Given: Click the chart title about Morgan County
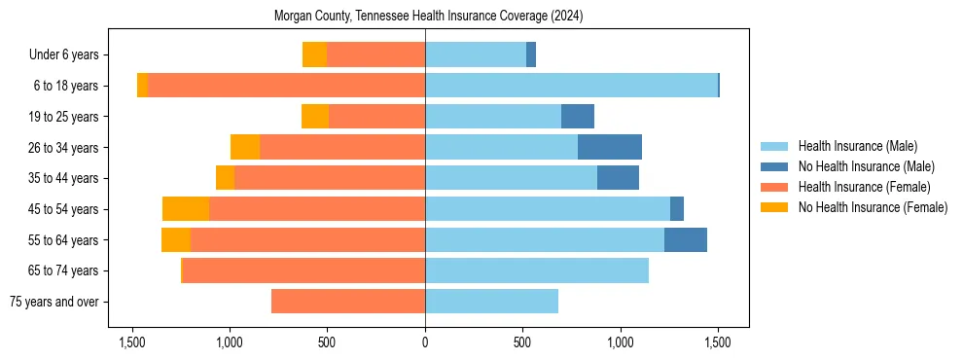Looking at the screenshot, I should point(429,17).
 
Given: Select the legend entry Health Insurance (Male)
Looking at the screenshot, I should point(857,146).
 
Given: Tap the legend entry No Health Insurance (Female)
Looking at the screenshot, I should point(873,207).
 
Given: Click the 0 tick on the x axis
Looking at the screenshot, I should point(425,342).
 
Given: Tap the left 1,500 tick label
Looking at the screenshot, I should point(132,342).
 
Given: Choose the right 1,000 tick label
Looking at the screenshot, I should point(621,342).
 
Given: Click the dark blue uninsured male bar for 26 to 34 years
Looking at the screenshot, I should point(610,147).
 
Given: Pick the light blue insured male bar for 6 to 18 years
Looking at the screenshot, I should point(571,86).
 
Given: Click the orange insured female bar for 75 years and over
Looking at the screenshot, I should point(348,302).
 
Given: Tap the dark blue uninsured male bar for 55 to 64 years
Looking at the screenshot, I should point(686,239).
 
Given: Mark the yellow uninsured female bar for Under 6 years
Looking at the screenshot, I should point(314,54).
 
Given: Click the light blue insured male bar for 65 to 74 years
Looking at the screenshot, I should point(537,270).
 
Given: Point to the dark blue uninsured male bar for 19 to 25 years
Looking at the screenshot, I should point(578,117).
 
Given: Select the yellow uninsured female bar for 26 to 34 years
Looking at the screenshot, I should point(245,147).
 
